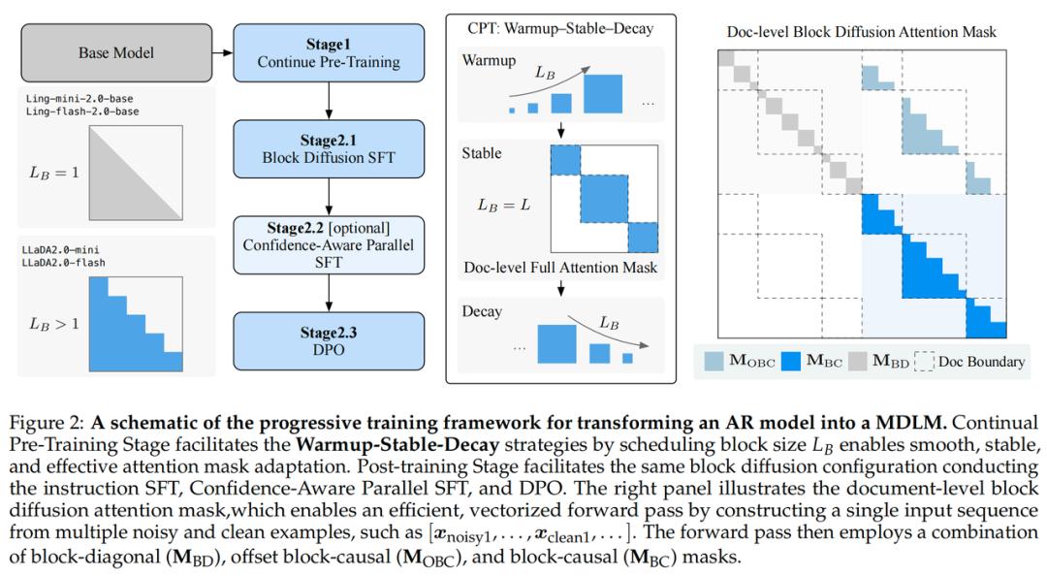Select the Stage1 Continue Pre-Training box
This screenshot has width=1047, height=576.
click(328, 52)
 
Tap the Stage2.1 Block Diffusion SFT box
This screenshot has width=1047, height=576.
click(328, 147)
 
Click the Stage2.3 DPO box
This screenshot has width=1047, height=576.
click(328, 340)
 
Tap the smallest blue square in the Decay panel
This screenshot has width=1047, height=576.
click(627, 358)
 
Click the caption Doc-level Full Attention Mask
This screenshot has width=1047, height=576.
click(559, 267)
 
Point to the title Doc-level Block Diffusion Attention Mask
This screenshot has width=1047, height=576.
click(861, 32)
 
